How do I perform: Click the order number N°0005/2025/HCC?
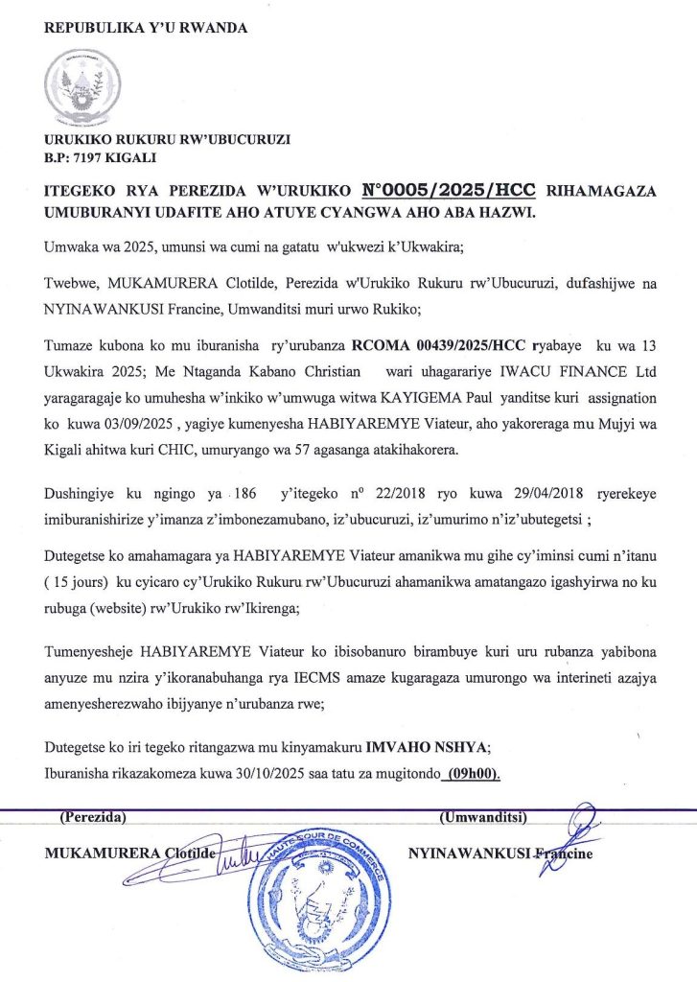(x=445, y=189)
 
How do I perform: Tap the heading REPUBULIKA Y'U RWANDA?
(x=146, y=28)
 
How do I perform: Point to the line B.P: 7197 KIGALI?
(x=101, y=156)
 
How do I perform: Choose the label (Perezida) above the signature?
(x=93, y=818)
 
